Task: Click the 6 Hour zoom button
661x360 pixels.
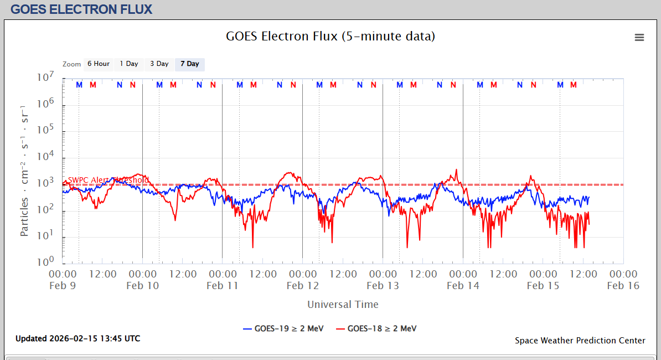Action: click(98, 64)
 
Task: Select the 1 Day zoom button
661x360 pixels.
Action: click(129, 64)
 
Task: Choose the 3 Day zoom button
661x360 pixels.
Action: click(159, 64)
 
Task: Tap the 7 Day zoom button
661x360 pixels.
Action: click(190, 64)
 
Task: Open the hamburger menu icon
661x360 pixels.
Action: click(639, 37)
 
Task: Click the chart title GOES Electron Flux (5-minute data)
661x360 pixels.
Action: click(330, 37)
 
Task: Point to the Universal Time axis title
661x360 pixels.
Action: click(343, 304)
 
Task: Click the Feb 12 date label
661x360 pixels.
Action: click(303, 286)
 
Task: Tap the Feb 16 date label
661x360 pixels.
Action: click(623, 286)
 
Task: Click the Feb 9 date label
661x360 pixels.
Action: click(63, 286)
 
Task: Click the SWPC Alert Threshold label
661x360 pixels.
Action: click(108, 180)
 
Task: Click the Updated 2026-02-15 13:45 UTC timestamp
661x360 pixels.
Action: click(78, 338)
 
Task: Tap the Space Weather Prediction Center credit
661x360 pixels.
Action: click(580, 341)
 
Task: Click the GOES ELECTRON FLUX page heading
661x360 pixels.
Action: click(81, 9)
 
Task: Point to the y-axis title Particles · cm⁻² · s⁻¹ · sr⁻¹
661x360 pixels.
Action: click(25, 169)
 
